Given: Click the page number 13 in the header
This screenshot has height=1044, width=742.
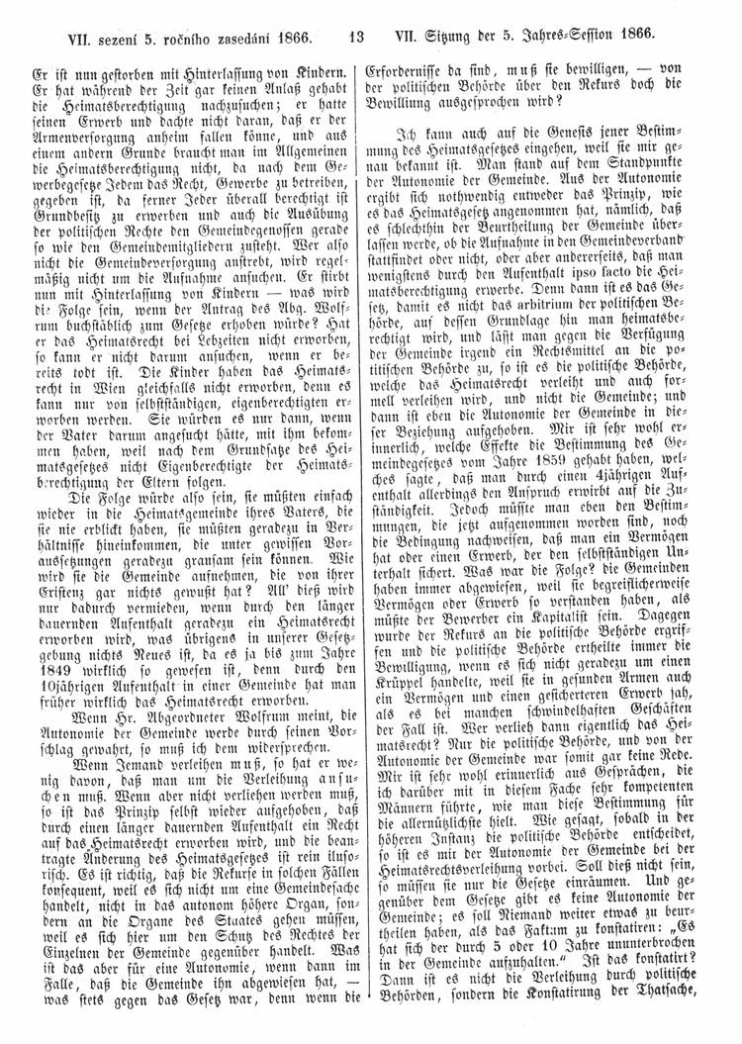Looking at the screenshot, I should click(x=358, y=38).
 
